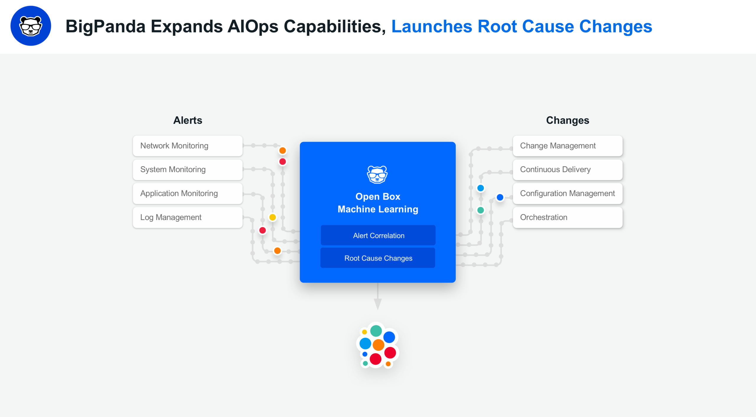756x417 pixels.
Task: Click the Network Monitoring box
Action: [x=188, y=146]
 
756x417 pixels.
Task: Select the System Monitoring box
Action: [x=188, y=170]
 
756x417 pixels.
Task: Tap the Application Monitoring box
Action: [x=188, y=193]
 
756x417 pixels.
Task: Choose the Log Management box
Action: [x=188, y=217]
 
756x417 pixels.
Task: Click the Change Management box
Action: [x=568, y=146]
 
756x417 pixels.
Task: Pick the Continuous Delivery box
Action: [x=568, y=170]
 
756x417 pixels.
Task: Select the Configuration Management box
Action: [x=568, y=193]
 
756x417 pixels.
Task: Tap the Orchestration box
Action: [x=568, y=217]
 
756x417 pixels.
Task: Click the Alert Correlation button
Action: [x=378, y=235]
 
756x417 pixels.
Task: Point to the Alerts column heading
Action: [x=188, y=120]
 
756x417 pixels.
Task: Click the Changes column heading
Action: [x=568, y=120]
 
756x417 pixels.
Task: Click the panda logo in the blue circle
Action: [x=31, y=26]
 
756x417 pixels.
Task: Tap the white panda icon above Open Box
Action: [x=377, y=175]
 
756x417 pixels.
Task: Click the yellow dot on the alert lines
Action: [x=272, y=217]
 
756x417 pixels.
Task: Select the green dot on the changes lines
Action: [x=480, y=210]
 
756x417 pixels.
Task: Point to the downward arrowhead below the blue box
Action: [x=378, y=304]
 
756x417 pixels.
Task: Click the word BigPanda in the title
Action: [x=105, y=27]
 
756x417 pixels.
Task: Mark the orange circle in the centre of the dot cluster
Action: [x=378, y=345]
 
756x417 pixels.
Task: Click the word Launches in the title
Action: [x=432, y=27]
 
